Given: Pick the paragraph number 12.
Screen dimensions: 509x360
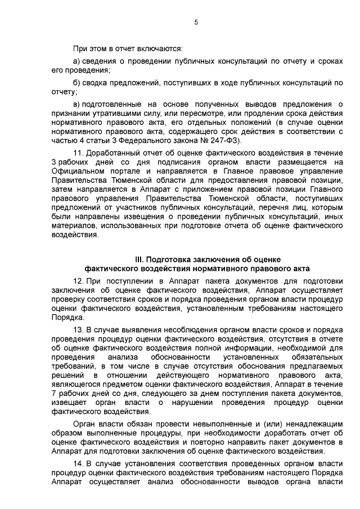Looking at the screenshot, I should pos(79,280).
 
